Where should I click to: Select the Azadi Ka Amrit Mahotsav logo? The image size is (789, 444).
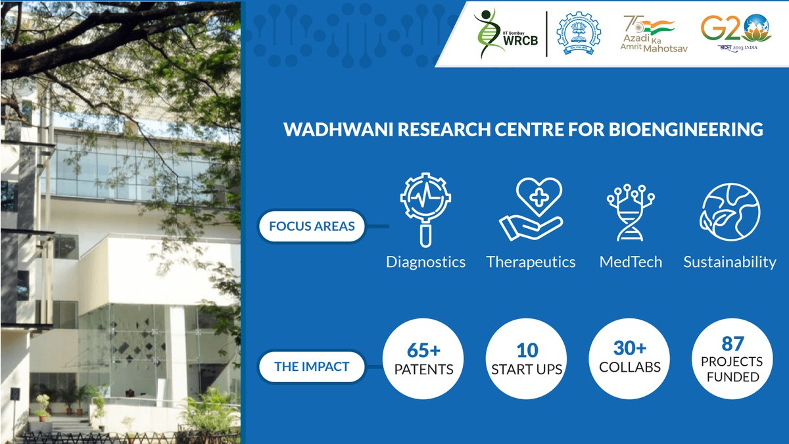point(649,34)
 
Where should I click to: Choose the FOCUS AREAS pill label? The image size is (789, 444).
point(312,226)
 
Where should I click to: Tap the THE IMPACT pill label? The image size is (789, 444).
point(312,366)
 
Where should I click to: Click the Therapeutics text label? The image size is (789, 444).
point(531,262)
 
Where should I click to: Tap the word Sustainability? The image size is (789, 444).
point(729,262)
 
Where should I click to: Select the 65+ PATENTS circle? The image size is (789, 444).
point(423,359)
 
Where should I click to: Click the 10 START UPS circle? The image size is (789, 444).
point(527,359)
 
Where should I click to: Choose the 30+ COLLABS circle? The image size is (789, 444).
point(629,359)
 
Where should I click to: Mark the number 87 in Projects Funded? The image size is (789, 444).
point(732,343)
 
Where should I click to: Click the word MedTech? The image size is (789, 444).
point(630,262)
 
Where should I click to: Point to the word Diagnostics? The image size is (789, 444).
point(425,262)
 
